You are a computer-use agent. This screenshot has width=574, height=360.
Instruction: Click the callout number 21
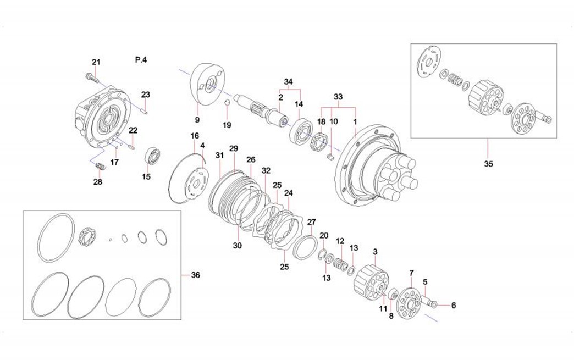coord(96,62)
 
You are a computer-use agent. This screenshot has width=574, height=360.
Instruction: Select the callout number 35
coord(488,163)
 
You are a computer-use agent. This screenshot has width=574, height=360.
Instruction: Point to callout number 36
coord(195,275)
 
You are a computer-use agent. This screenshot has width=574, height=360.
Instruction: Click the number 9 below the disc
coord(197,119)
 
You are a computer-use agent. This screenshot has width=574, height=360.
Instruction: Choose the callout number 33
coord(338,97)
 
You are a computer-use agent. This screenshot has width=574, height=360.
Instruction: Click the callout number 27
coord(312,222)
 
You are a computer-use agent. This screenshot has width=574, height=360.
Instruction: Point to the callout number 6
coord(454,305)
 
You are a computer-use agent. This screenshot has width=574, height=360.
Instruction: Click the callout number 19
coord(227,125)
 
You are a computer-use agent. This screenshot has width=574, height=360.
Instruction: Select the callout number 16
coord(195,136)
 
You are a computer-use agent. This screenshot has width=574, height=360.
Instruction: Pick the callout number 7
coord(411,273)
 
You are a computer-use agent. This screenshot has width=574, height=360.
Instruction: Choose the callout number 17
coord(114,162)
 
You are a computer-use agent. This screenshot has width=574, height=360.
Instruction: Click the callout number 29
coord(233,149)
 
